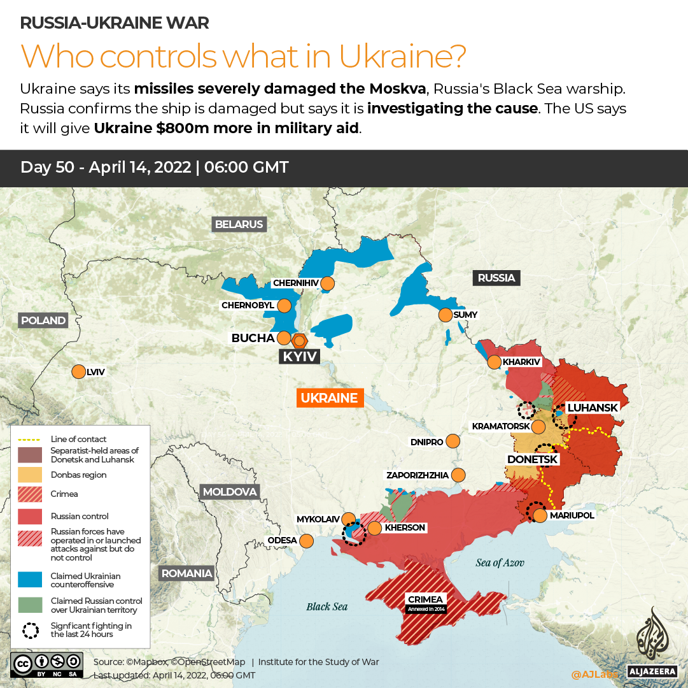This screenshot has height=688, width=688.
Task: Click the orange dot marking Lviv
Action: tap(79, 372)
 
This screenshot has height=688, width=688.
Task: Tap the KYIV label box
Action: tap(300, 357)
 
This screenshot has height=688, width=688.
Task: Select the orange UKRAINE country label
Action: tap(329, 398)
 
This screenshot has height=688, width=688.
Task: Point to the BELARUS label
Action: tap(239, 224)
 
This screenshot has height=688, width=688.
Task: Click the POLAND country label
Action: tap(43, 320)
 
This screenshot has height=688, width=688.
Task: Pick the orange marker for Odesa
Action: tap(306, 541)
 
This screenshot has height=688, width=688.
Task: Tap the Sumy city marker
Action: tap(445, 315)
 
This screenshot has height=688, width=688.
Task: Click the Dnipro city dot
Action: tap(453, 441)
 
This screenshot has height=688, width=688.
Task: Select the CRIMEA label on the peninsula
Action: tap(426, 599)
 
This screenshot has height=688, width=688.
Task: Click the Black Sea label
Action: tap(327, 606)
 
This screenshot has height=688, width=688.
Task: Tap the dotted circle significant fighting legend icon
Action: tap(30, 630)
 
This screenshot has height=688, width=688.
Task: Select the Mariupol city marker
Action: tap(540, 515)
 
